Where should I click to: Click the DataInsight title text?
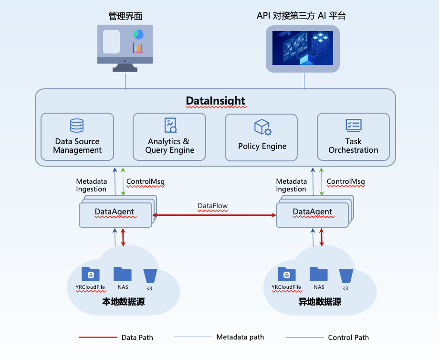[x=215, y=101]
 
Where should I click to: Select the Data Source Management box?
[x=77, y=136]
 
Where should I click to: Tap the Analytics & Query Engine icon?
[x=170, y=125]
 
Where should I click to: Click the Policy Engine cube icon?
[x=262, y=127]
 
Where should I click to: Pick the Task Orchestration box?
[x=353, y=136]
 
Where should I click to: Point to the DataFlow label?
[x=213, y=206]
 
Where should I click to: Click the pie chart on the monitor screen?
[x=138, y=34]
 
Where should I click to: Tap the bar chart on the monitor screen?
[x=138, y=48]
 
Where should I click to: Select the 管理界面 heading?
[x=125, y=16]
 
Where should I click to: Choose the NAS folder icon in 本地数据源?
[x=123, y=274]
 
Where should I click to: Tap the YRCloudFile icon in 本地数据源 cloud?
[x=91, y=274]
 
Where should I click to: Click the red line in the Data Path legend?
[x=98, y=338]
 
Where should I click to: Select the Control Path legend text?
[x=348, y=338]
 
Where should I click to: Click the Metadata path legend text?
[x=240, y=337]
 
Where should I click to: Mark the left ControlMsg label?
[x=145, y=182]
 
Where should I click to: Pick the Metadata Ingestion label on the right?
[x=291, y=185]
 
